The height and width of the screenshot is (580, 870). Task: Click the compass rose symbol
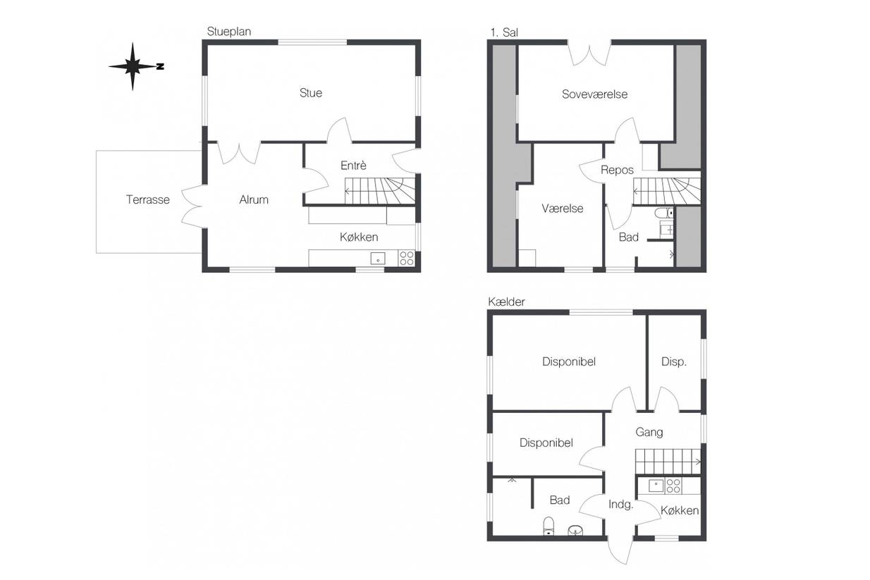point(133,66)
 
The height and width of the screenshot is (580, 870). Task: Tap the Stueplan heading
point(228,32)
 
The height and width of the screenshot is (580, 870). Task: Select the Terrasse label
point(147,199)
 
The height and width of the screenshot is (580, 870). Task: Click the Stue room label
point(311,93)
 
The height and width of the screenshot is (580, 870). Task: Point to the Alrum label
point(254,199)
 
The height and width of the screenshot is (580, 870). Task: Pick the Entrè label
point(353,166)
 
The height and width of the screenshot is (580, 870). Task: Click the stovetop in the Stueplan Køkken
point(407,259)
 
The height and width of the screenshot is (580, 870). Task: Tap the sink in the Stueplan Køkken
point(377,259)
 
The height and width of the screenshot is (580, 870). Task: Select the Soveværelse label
point(594,94)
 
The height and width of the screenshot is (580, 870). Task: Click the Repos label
point(617,170)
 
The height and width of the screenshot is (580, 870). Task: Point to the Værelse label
point(563,209)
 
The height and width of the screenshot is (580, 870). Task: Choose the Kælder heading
point(506,302)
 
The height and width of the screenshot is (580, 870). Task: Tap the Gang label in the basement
point(649,432)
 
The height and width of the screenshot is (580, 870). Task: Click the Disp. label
point(674,362)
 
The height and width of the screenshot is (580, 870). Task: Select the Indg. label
point(620,505)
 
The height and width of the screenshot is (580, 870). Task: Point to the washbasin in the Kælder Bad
point(575,530)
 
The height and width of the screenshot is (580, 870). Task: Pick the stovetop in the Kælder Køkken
point(673,486)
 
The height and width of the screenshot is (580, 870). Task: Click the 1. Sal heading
point(504,32)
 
